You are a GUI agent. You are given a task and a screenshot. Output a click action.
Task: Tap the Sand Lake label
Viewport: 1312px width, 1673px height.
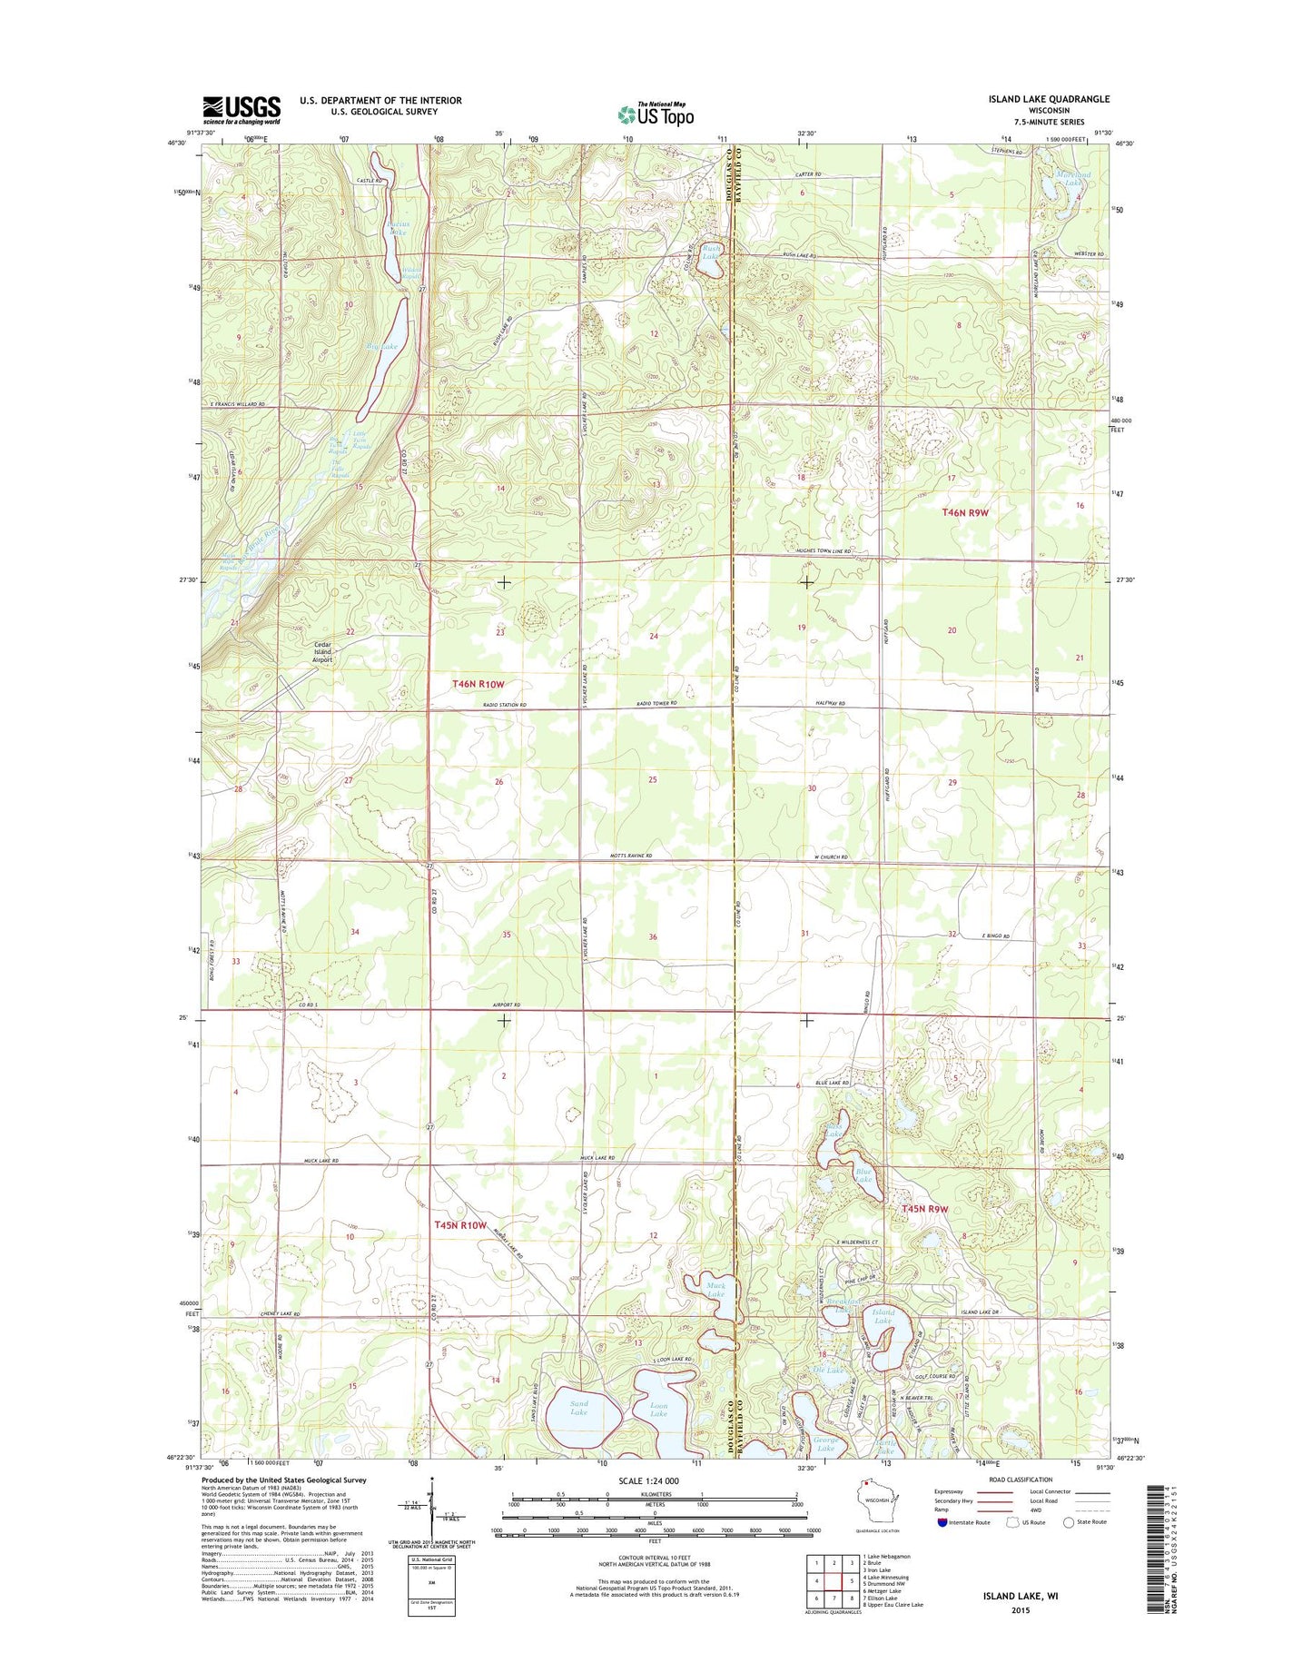pos(579,1408)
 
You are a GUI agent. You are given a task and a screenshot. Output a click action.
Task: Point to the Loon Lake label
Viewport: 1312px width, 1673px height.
pos(659,1409)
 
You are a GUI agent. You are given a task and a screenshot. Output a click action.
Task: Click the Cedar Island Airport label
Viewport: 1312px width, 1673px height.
pos(322,652)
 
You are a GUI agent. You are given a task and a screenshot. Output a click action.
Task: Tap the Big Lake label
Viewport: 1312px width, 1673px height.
pos(382,346)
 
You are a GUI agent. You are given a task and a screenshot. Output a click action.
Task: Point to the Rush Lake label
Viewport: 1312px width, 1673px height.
pos(711,252)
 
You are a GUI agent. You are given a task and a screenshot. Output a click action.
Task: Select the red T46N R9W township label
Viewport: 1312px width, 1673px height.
pos(964,512)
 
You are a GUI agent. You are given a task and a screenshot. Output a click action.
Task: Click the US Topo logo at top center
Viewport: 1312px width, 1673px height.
pos(656,114)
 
